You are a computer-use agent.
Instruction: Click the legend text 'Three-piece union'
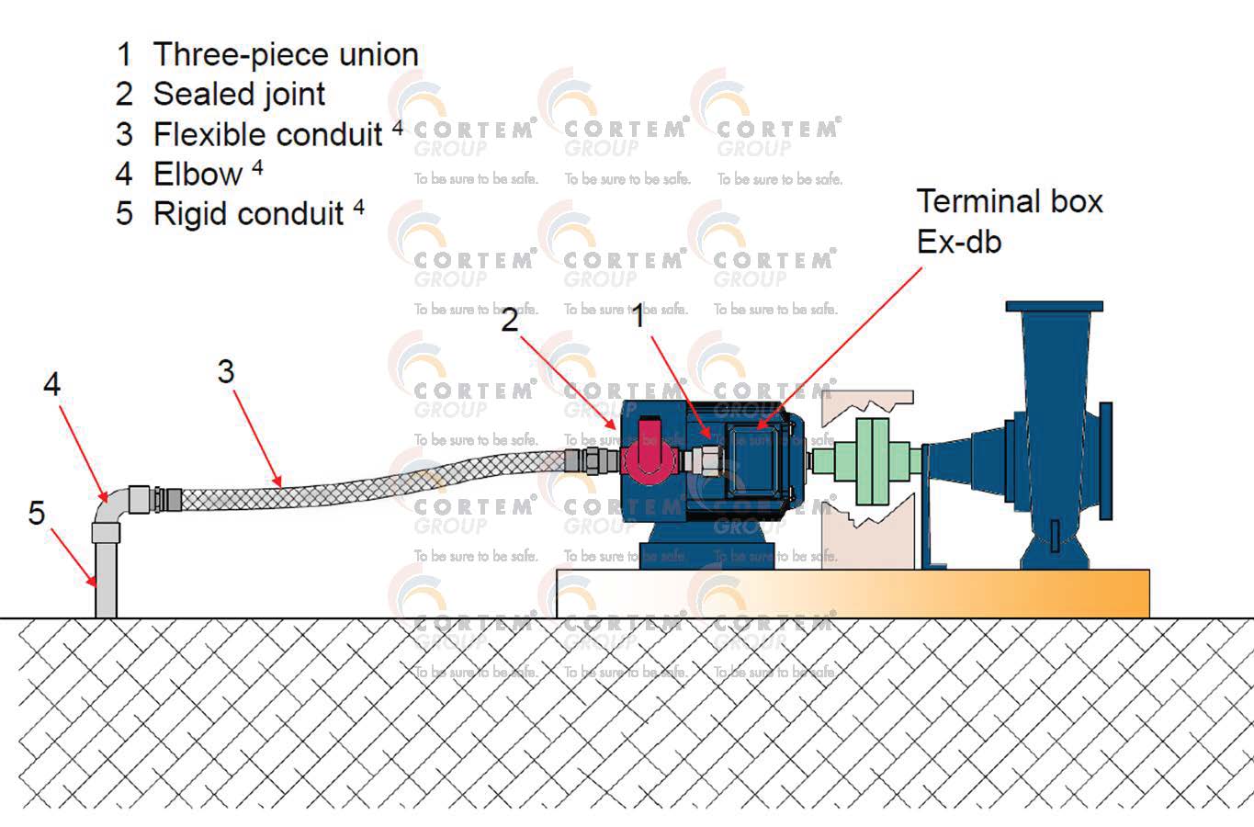click(285, 55)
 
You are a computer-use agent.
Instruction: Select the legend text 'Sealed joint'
click(239, 95)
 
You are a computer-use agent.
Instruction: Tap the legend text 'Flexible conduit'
click(267, 135)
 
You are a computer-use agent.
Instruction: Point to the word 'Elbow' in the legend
click(198, 175)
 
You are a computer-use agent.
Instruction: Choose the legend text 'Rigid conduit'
click(248, 214)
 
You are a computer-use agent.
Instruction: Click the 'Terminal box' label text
click(1009, 202)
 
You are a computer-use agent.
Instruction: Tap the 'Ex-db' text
click(958, 242)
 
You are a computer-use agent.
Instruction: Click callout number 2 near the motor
click(509, 320)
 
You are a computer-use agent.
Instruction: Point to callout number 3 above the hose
click(226, 372)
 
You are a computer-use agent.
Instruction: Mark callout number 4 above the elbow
click(52, 384)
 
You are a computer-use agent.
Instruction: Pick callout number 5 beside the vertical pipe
click(37, 513)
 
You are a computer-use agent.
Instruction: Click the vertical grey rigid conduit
click(106, 579)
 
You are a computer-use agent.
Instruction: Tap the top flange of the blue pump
click(1054, 307)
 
